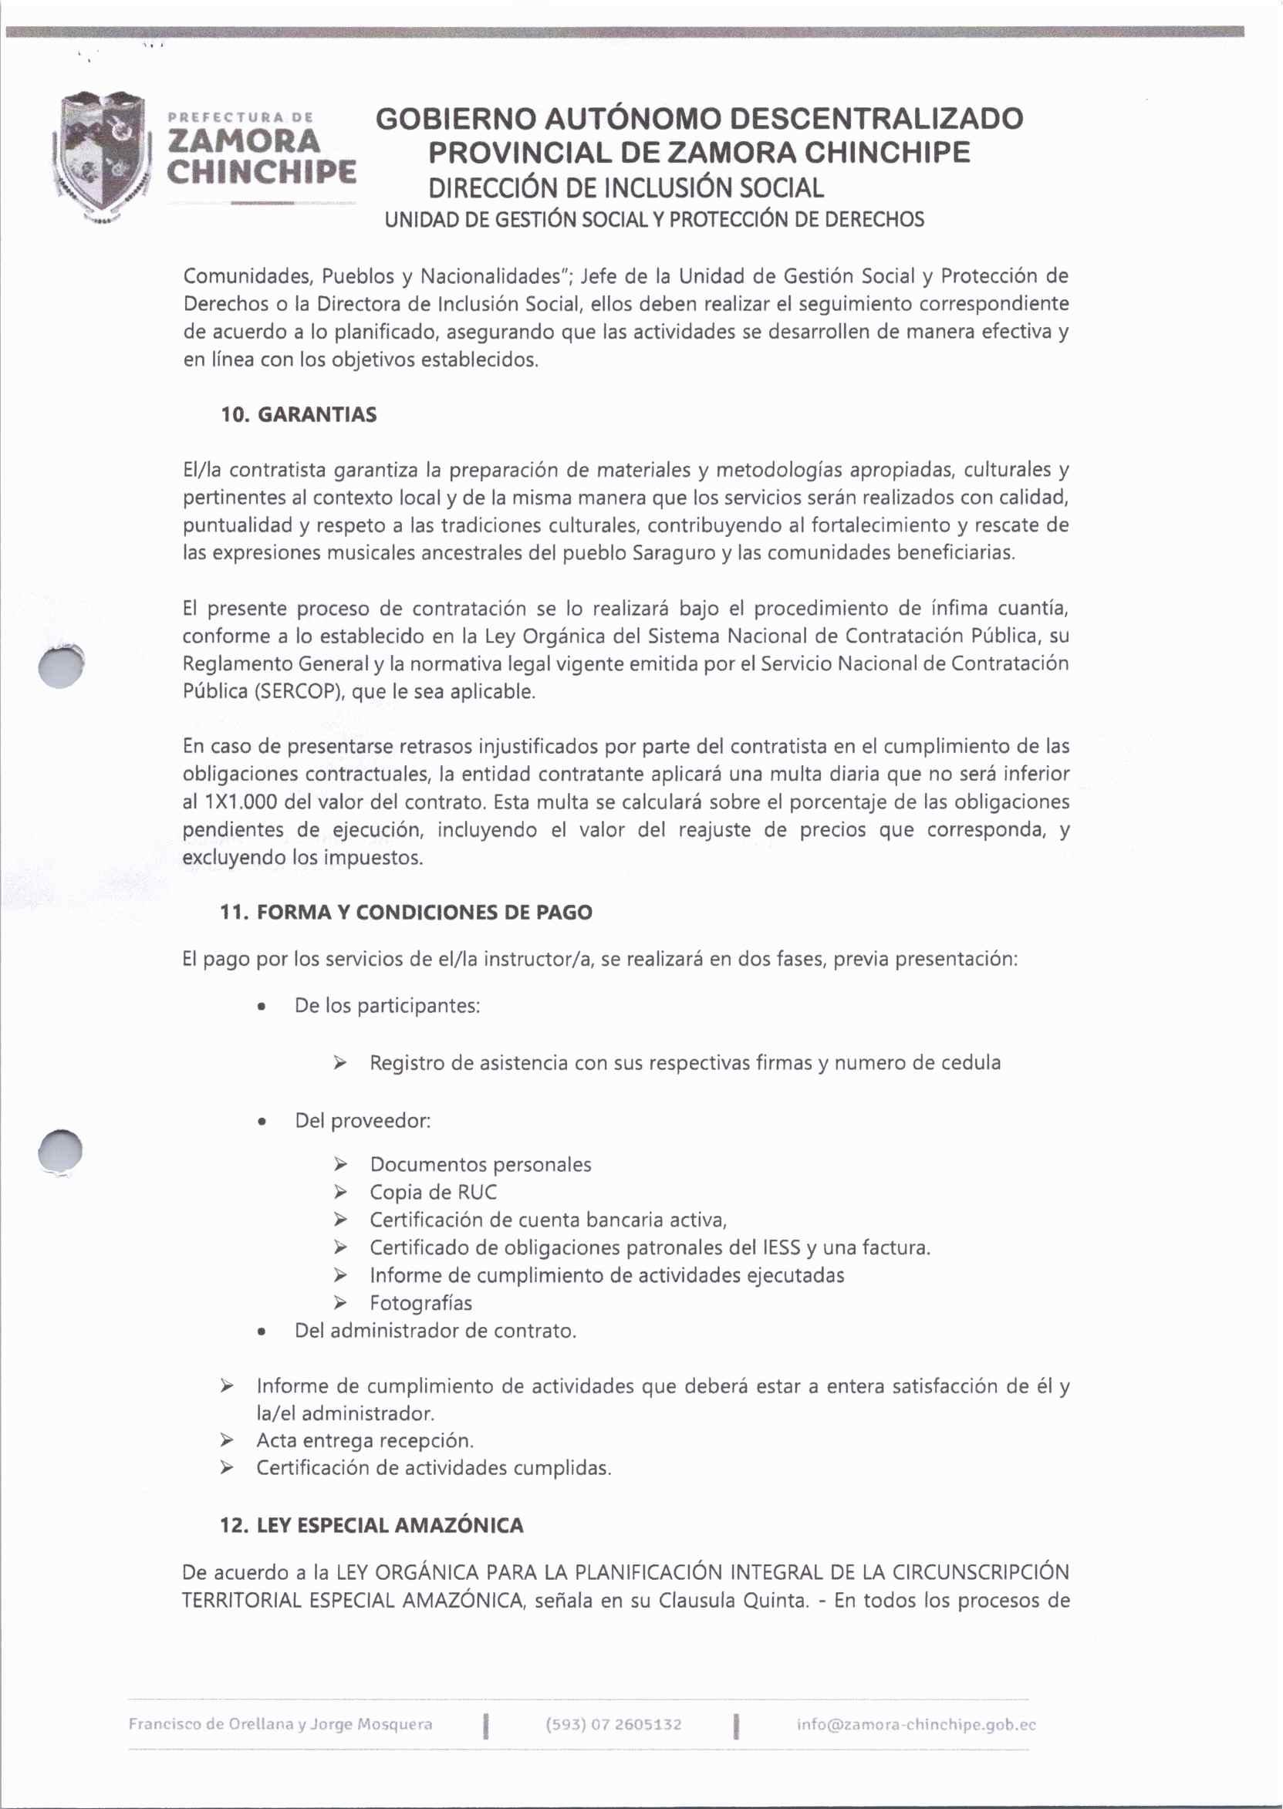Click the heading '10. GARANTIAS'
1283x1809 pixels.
(299, 415)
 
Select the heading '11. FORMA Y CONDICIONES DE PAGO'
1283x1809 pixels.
(406, 913)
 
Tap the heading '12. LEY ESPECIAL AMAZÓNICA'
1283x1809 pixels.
(371, 1525)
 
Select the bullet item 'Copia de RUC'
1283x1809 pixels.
(433, 1192)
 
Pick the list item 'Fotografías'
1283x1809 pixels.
(420, 1303)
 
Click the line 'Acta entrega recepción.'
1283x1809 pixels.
(365, 1440)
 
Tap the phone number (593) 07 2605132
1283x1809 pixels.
(613, 1724)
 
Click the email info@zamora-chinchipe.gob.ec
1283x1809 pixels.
(916, 1724)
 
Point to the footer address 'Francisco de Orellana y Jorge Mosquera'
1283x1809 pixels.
(281, 1724)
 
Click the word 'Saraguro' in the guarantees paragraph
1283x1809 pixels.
(674, 553)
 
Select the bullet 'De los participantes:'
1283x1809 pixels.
(387, 1007)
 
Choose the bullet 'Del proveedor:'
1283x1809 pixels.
(363, 1121)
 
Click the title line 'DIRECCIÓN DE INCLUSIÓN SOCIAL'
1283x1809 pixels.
(626, 188)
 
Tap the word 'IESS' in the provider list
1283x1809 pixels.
(782, 1248)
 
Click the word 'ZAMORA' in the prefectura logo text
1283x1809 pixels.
(245, 141)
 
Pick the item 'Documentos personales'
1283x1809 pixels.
(481, 1165)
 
